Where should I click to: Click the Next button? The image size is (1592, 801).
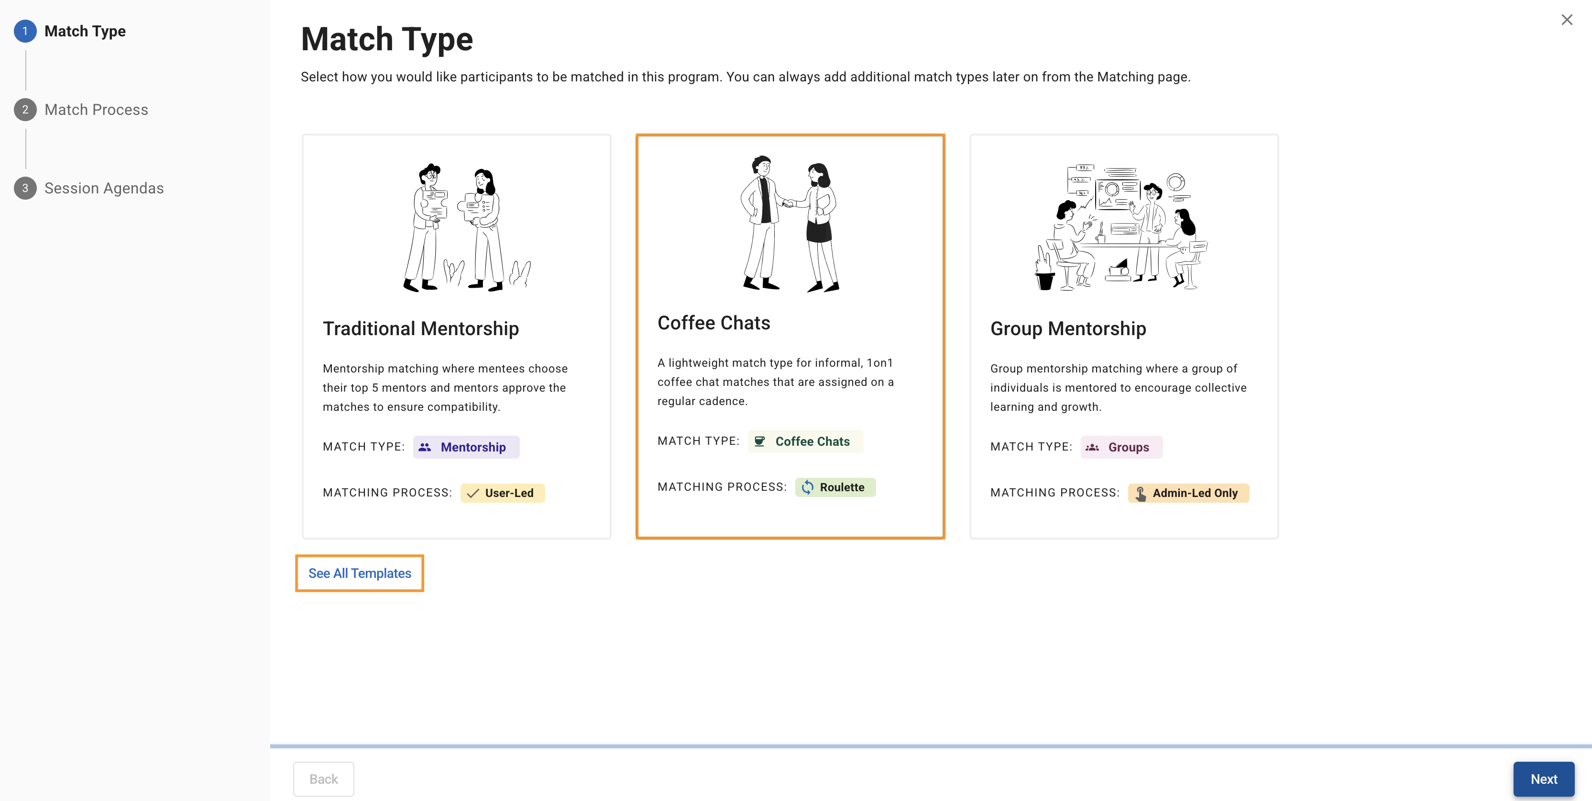(1543, 778)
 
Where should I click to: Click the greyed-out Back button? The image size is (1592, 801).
(323, 778)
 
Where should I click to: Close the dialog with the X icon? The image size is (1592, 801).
(1567, 20)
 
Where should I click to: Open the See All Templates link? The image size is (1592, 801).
(360, 574)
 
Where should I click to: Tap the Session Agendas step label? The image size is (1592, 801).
(104, 188)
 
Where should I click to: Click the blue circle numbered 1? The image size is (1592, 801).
(25, 31)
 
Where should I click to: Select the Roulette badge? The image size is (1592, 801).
(835, 487)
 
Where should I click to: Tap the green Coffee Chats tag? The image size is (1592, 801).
(805, 441)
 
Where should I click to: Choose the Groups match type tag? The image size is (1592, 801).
(1121, 447)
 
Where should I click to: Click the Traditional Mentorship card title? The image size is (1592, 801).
(421, 328)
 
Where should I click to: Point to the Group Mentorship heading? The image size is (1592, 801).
(1068, 328)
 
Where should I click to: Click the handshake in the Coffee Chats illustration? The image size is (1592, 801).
(789, 203)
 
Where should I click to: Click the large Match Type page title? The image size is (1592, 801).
(387, 39)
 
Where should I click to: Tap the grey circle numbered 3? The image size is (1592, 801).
(25, 188)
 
